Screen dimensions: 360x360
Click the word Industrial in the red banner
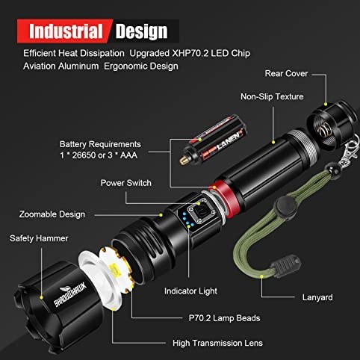[x=66, y=31]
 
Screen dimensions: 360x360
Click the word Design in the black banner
[x=141, y=31]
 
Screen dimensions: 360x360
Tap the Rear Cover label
[x=286, y=73]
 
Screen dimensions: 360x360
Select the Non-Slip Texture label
[x=272, y=96]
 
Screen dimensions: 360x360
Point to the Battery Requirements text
[x=100, y=144]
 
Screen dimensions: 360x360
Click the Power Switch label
[x=125, y=183]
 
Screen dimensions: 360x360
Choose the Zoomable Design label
[x=52, y=214]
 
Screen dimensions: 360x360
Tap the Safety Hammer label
[x=39, y=238]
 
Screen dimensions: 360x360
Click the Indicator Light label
[x=190, y=291]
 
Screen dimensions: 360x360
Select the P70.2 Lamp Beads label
[x=224, y=318]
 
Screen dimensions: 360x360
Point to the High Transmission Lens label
[x=217, y=343]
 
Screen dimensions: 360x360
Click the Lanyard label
[x=317, y=297]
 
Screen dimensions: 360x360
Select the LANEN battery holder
[x=213, y=141]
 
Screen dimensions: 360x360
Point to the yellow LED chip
[x=115, y=270]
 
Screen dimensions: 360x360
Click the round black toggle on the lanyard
[x=285, y=205]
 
